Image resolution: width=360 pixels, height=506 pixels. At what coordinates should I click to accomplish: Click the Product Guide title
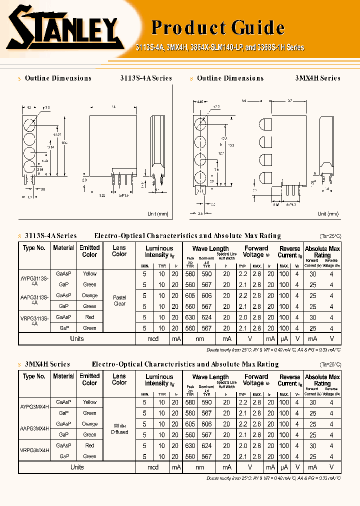point(217,27)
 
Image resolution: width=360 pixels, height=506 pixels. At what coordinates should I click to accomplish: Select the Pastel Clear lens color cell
point(119,300)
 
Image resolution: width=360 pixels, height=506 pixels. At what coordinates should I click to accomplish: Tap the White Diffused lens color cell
point(119,429)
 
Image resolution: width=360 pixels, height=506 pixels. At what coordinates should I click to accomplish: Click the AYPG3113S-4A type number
point(34,277)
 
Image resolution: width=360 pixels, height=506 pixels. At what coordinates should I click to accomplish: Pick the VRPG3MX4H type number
point(34,450)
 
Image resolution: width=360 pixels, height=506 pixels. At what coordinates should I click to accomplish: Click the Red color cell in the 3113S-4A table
point(89,317)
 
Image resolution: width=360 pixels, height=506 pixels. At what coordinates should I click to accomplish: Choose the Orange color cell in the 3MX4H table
point(89,423)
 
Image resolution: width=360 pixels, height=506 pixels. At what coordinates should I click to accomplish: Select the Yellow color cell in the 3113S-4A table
point(89,273)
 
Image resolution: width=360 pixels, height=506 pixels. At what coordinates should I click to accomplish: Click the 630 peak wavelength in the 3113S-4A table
point(190,317)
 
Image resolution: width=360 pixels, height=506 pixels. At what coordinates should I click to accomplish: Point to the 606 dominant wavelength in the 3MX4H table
point(206,424)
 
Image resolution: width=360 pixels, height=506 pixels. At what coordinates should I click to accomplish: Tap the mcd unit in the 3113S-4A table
point(153,339)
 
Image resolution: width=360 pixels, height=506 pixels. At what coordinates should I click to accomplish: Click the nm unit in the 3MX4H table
point(199,467)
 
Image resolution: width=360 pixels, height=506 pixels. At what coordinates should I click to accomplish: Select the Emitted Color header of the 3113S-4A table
point(89,251)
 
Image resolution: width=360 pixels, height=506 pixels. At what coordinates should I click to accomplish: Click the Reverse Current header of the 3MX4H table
point(290,380)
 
